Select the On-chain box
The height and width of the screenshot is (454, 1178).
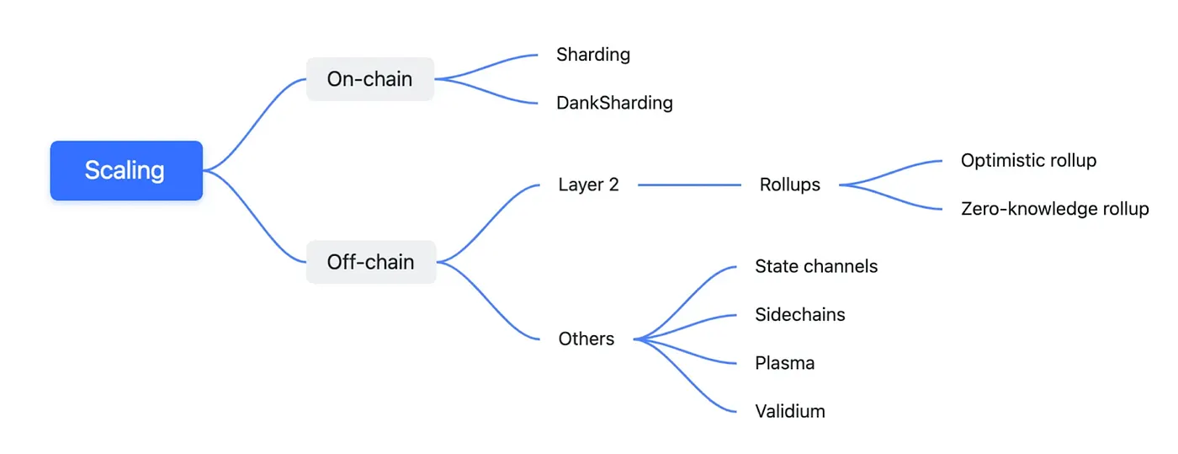tap(369, 79)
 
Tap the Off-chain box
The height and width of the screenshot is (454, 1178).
tap(370, 262)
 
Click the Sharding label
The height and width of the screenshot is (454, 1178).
tap(593, 55)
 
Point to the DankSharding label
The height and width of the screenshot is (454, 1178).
tap(614, 103)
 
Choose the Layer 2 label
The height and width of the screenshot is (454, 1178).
tap(588, 184)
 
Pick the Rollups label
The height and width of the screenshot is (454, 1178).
tap(789, 184)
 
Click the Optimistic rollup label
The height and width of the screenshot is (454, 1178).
tap(1028, 160)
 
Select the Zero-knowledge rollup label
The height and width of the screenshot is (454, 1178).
tap(1054, 209)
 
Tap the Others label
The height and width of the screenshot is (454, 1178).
tap(586, 339)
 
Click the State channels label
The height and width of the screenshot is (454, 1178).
tap(816, 266)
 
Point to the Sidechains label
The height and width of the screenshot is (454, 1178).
tap(800, 314)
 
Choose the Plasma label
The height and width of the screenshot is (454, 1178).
tap(785, 363)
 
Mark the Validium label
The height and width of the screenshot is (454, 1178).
tap(790, 411)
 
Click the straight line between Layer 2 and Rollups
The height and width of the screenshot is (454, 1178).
tap(690, 184)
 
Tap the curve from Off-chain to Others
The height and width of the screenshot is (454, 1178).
tap(489, 302)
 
